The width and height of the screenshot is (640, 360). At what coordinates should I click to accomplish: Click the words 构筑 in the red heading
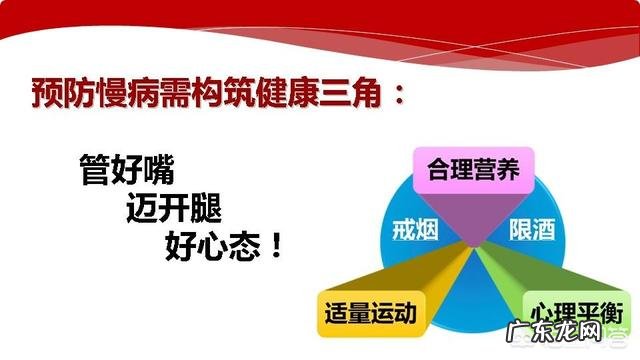pyautogui.click(x=229, y=97)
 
